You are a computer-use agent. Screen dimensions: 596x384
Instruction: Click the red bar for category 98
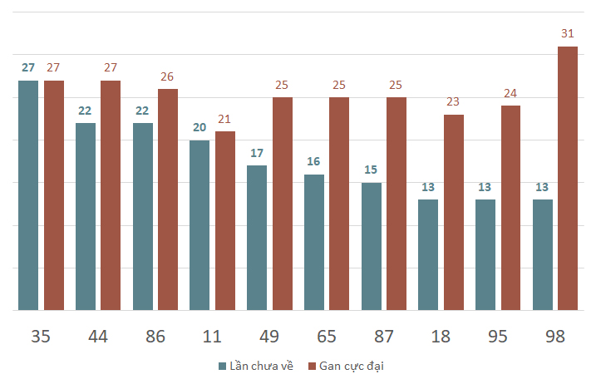tap(568, 179)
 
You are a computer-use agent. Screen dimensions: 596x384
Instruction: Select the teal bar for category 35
tap(28, 195)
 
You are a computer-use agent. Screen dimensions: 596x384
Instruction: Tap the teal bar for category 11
tap(199, 225)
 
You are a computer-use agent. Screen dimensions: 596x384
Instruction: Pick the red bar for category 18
tap(454, 213)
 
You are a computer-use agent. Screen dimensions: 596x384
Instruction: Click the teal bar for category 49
tap(257, 238)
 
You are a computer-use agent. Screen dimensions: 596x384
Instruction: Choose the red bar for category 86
tap(168, 199)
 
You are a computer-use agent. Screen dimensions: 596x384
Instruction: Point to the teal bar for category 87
tap(372, 247)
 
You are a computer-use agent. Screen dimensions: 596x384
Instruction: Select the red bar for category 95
tap(511, 208)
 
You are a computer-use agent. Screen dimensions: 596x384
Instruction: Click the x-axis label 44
tap(98, 337)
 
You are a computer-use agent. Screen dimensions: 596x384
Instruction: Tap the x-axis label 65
tap(327, 337)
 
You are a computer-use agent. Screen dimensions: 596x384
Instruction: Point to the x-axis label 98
tap(555, 337)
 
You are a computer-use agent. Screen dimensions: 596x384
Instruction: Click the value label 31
tap(568, 33)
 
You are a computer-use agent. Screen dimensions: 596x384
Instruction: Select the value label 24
tap(510, 93)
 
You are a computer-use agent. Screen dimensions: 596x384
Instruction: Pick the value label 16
tap(313, 161)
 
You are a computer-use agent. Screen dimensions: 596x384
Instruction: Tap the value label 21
tap(224, 119)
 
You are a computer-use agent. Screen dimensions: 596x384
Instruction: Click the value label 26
tap(167, 76)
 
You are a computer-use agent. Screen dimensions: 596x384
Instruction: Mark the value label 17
tap(257, 153)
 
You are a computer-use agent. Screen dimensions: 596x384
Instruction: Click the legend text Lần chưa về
tap(262, 366)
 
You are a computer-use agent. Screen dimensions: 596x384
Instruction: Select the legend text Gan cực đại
tap(352, 367)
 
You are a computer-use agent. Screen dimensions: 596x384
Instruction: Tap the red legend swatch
tap(312, 367)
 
